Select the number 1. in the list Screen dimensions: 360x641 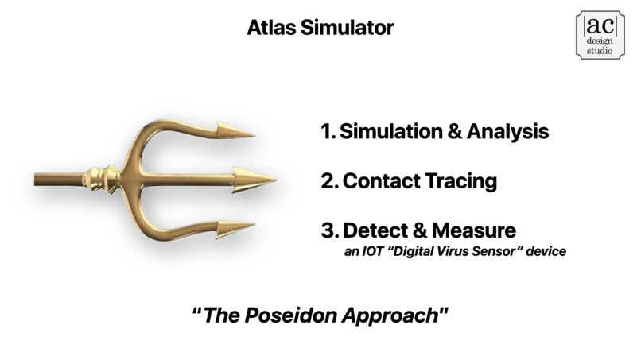(x=328, y=131)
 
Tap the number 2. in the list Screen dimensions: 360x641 (x=329, y=180)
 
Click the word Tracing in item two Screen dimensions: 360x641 (x=462, y=180)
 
